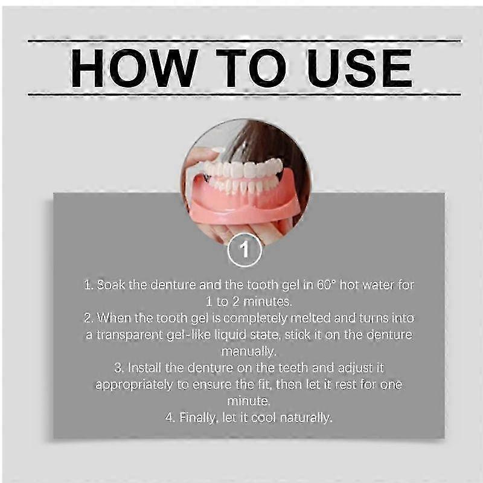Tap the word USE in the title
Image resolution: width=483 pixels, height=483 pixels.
[359, 68]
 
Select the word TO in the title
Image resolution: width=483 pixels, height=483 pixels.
[251, 68]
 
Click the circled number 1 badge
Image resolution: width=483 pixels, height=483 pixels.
[245, 250]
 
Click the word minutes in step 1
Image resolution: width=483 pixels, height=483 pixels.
[267, 301]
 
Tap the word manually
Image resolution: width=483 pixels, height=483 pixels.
[249, 352]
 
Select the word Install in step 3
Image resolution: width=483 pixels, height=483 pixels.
[144, 368]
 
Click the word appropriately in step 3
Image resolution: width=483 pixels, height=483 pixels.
[134, 385]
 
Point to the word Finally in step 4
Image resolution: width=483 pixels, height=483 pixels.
[197, 418]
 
